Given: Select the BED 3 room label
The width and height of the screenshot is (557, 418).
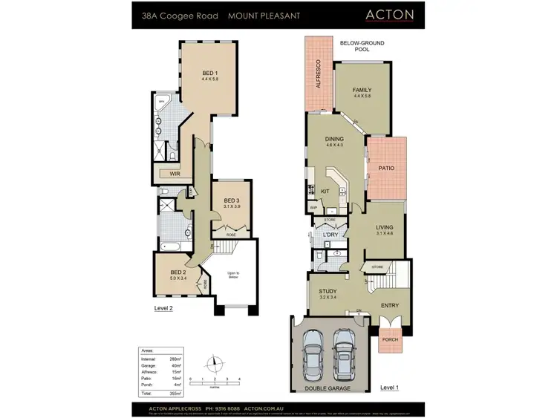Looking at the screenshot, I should tap(231, 200).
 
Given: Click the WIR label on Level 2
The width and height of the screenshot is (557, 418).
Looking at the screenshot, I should tap(175, 174).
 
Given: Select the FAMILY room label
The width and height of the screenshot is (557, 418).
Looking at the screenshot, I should tap(362, 90).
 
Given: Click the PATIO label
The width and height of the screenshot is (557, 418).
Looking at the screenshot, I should tap(387, 169).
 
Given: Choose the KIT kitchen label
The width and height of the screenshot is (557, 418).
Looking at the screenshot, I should tap(325, 192).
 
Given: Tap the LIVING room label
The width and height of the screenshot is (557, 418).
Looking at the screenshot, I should tap(384, 227).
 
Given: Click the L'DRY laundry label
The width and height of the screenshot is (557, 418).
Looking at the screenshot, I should tap(330, 236).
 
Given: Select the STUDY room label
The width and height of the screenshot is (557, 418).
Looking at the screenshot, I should tap(328, 292).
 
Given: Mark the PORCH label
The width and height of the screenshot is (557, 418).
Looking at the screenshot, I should tap(389, 340).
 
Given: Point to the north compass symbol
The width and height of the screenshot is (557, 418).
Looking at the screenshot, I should tap(215, 363).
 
